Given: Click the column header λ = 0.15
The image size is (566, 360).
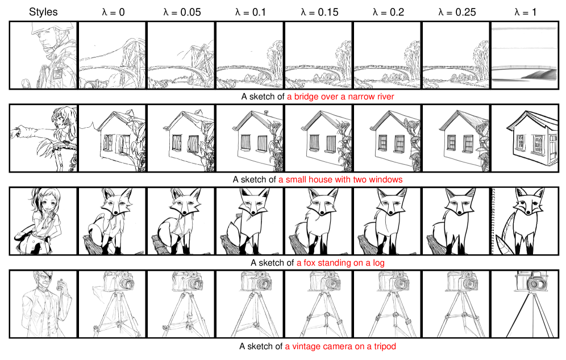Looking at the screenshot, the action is [319, 12].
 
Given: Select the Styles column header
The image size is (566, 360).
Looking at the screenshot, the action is [43, 12].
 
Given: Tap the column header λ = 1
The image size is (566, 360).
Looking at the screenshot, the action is [525, 12].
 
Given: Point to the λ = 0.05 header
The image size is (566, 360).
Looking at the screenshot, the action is [182, 12].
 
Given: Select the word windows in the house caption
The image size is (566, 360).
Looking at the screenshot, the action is [386, 179].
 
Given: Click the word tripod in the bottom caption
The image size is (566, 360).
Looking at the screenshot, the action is [385, 346].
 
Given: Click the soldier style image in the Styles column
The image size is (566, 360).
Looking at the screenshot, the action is [43, 55].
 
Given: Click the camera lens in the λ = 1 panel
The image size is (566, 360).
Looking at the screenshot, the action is [538, 284].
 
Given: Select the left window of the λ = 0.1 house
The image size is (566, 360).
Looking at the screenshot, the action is [246, 143].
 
